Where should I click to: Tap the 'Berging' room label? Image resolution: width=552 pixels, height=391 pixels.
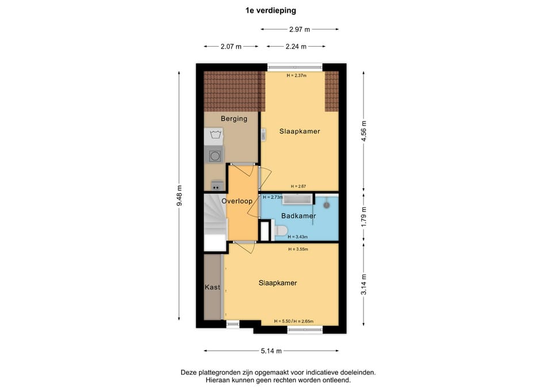pos(234,119)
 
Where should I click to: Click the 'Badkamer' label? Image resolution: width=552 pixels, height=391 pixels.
pos(298,216)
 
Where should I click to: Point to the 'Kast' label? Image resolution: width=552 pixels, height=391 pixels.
pos(213,287)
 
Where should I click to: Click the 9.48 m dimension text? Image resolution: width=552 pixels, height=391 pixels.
pos(179,196)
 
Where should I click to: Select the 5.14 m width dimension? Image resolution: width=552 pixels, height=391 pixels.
pos(271,351)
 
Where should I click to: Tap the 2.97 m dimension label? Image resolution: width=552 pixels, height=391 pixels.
pos(299,29)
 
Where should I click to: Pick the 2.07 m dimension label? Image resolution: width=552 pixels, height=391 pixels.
pos(231,46)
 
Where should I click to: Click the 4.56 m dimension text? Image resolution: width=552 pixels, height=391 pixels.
pos(363,131)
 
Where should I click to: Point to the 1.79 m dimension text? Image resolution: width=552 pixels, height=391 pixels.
pos(363,216)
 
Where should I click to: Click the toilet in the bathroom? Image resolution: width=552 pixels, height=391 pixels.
pos(281,231)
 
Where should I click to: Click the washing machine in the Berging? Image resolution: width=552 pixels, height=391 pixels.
pos(216,155)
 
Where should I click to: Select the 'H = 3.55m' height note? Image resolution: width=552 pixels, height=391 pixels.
pos(298,249)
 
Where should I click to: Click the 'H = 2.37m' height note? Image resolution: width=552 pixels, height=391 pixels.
pos(296,75)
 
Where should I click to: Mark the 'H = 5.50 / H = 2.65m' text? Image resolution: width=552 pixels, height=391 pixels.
pos(297,321)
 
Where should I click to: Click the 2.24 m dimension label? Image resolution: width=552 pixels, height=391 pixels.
pos(296,46)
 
